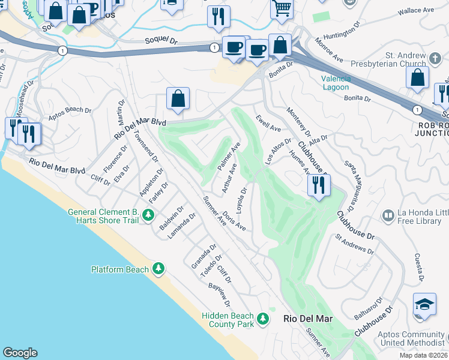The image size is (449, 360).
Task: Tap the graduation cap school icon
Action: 424,304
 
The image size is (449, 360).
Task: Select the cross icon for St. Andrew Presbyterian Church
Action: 435,58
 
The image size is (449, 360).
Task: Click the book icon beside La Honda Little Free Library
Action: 388,215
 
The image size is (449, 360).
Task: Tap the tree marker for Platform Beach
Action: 158,269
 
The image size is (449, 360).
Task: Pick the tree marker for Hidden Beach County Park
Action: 262,318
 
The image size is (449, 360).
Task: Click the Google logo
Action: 20,353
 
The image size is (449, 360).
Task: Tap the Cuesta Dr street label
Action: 419,267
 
